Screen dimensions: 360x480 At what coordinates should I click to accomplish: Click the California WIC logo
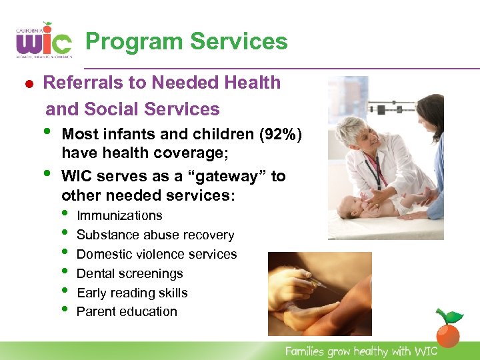(43, 41)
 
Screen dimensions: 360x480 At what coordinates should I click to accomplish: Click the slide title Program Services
(187, 41)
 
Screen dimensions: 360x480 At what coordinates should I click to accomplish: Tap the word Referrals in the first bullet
(75, 83)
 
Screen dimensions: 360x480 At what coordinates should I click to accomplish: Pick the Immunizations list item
(119, 215)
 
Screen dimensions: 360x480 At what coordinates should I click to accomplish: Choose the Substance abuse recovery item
(155, 235)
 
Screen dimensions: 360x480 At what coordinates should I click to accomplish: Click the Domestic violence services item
(157, 254)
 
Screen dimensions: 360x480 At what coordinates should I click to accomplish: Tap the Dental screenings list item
(129, 273)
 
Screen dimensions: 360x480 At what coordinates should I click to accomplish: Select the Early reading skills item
(132, 293)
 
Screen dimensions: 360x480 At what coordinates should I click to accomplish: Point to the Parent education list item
(127, 311)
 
